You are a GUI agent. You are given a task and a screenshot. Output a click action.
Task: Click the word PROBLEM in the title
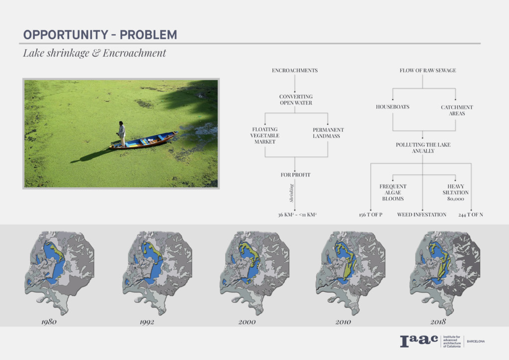pyautogui.click(x=148, y=35)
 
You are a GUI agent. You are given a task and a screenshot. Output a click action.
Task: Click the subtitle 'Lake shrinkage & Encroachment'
pyautogui.click(x=94, y=53)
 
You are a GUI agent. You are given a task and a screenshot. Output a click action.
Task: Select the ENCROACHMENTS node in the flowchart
pyautogui.click(x=295, y=71)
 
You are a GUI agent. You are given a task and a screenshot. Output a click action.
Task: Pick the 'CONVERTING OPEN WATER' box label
pyautogui.click(x=296, y=99)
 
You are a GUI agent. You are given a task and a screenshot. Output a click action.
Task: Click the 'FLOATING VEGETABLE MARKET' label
pyautogui.click(x=265, y=135)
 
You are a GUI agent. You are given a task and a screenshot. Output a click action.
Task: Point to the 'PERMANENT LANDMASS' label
pyautogui.click(x=328, y=133)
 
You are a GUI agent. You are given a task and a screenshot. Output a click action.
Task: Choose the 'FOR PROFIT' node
pyautogui.click(x=295, y=175)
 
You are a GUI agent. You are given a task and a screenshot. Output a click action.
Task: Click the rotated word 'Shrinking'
pyautogui.click(x=291, y=193)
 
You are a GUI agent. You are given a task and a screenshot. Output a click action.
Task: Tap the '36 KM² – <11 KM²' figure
pyautogui.click(x=297, y=215)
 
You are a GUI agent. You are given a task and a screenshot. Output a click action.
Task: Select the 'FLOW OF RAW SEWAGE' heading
pyautogui.click(x=428, y=71)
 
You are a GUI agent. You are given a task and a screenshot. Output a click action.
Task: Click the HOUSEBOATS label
pyautogui.click(x=393, y=107)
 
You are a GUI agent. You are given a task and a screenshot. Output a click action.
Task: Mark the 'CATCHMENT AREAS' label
pyautogui.click(x=457, y=110)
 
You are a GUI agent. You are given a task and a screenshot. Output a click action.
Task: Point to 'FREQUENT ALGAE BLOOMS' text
pyautogui.click(x=393, y=192)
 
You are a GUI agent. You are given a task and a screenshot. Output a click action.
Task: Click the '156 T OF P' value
pyautogui.click(x=370, y=215)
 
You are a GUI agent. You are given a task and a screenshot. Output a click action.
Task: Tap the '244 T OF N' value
pyautogui.click(x=471, y=215)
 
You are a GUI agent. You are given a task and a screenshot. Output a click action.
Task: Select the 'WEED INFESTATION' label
pyautogui.click(x=422, y=215)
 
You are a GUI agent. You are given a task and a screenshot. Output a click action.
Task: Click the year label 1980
pyautogui.click(x=49, y=322)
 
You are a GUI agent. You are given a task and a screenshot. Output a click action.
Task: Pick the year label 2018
pyautogui.click(x=438, y=322)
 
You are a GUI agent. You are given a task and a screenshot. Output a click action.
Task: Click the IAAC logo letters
pyautogui.click(x=419, y=341)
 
